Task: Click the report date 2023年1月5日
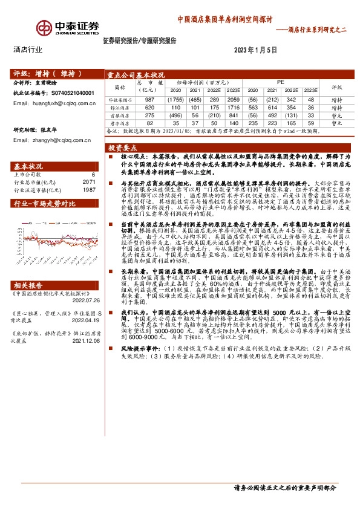tap(255, 50)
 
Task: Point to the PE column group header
tap(280, 80)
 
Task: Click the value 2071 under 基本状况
tap(90, 181)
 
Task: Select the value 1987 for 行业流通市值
tap(90, 190)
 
